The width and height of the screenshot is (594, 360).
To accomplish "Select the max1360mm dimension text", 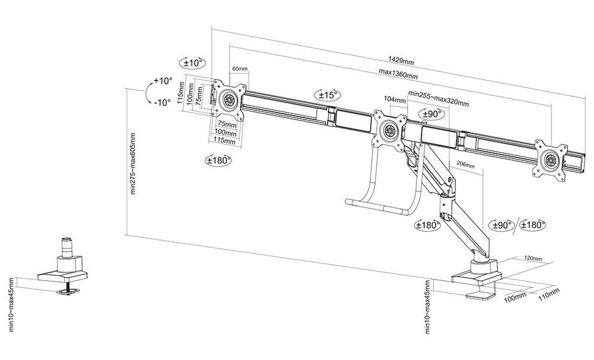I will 398,74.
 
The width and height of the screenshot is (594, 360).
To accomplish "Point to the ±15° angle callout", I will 328,95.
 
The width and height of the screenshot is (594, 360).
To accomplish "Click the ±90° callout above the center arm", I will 431,114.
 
